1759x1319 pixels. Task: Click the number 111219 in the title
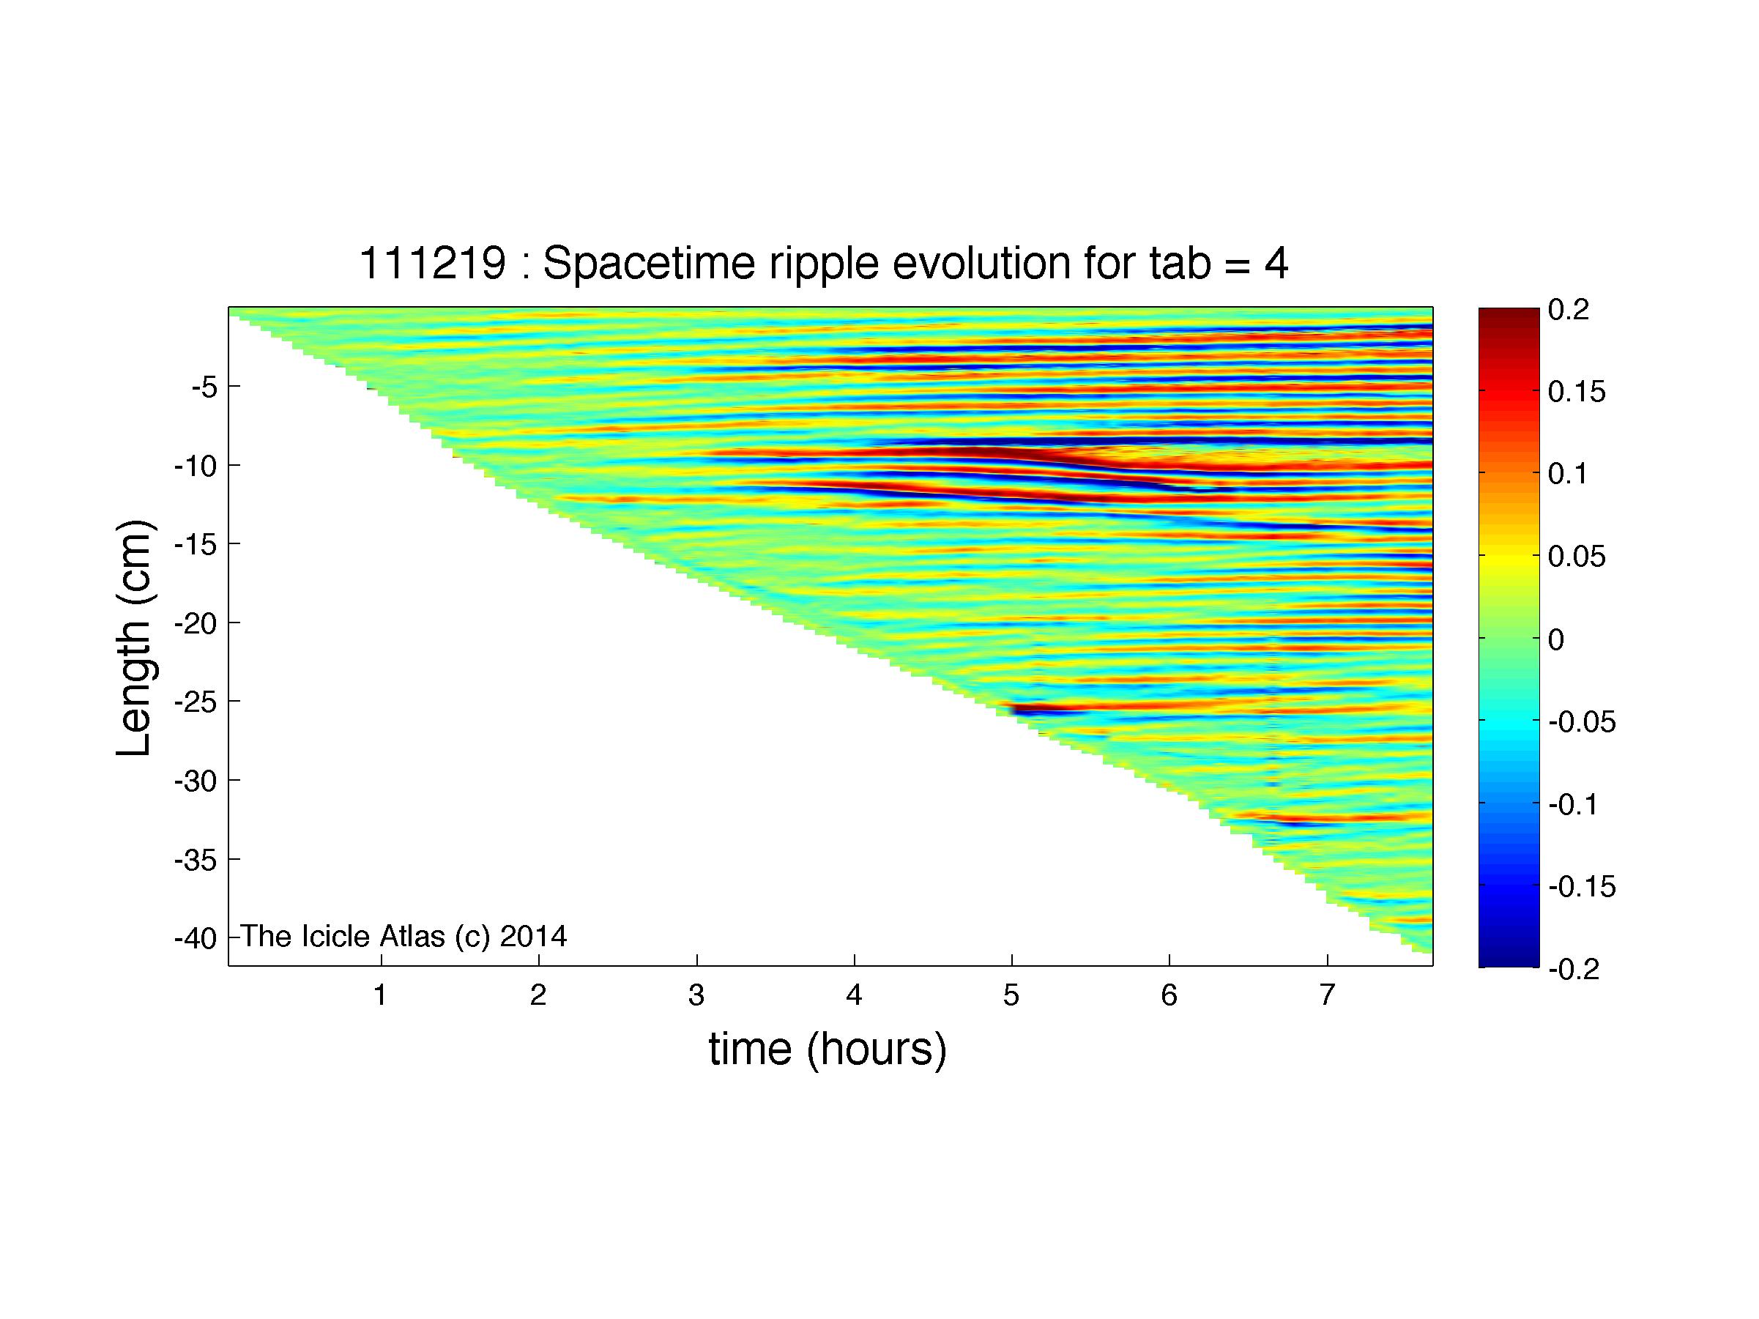click(x=432, y=263)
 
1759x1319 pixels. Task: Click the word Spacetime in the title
click(x=647, y=263)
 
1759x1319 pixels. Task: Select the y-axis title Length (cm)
click(x=133, y=638)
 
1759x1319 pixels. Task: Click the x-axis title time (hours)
click(x=828, y=1049)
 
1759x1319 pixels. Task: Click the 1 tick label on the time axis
click(x=381, y=995)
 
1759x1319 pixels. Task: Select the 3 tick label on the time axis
click(x=696, y=995)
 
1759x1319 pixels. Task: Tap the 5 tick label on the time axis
click(x=1011, y=995)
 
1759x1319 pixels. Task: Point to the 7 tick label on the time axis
click(x=1326, y=995)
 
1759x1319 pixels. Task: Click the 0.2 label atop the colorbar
click(x=1569, y=310)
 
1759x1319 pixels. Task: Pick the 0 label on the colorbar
click(x=1557, y=639)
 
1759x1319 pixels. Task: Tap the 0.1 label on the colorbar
click(x=1568, y=475)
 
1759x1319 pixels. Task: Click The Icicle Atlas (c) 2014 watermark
click(x=404, y=936)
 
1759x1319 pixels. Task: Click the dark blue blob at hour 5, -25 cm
click(x=1038, y=709)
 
